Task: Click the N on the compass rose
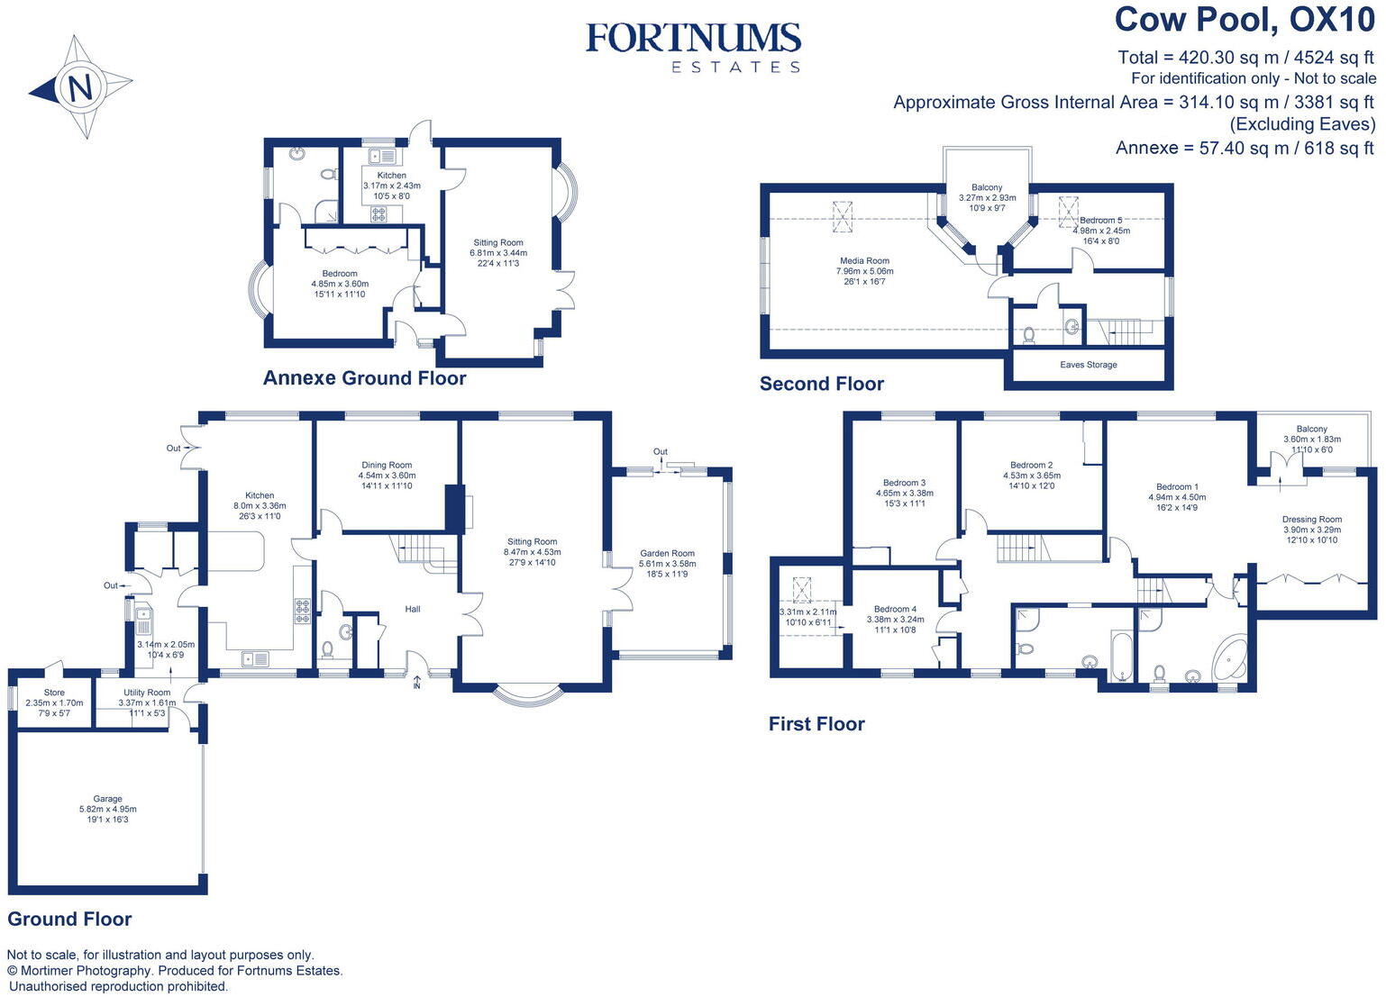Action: [x=79, y=88]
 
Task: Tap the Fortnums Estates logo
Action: [x=693, y=47]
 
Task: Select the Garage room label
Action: [x=108, y=799]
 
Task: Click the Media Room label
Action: [x=864, y=261]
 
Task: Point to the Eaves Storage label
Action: [x=1089, y=365]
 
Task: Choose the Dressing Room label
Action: [x=1311, y=520]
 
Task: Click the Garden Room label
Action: [x=668, y=554]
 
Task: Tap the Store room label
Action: [x=54, y=693]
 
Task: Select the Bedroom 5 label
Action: [x=1101, y=221]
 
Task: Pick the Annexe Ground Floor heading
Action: [x=364, y=378]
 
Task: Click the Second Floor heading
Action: [x=821, y=384]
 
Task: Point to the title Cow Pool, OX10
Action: [x=1245, y=20]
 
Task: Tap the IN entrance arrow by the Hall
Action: [x=416, y=682]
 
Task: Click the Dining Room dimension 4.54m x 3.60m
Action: [x=388, y=476]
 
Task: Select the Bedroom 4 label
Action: [x=895, y=609]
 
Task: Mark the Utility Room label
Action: [x=147, y=693]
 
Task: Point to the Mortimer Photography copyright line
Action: [x=175, y=971]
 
